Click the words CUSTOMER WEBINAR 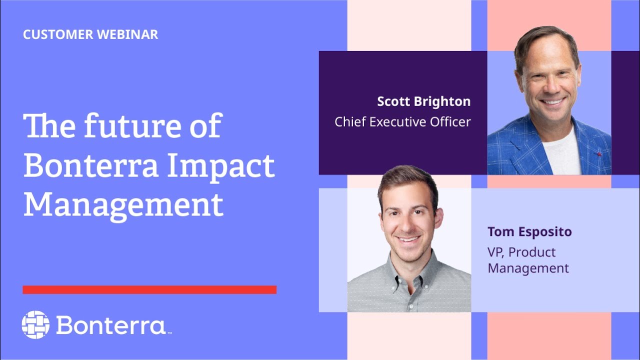pyautogui.click(x=90, y=34)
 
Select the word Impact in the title pyautogui.click(x=220, y=166)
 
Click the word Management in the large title pyautogui.click(x=123, y=204)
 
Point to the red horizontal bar pyautogui.click(x=149, y=289)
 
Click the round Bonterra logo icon pyautogui.click(x=35, y=324)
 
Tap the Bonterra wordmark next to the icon pyautogui.click(x=111, y=325)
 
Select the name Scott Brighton pyautogui.click(x=423, y=101)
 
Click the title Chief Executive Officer pyautogui.click(x=402, y=121)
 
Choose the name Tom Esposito pyautogui.click(x=529, y=232)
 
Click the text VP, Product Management pyautogui.click(x=528, y=260)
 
